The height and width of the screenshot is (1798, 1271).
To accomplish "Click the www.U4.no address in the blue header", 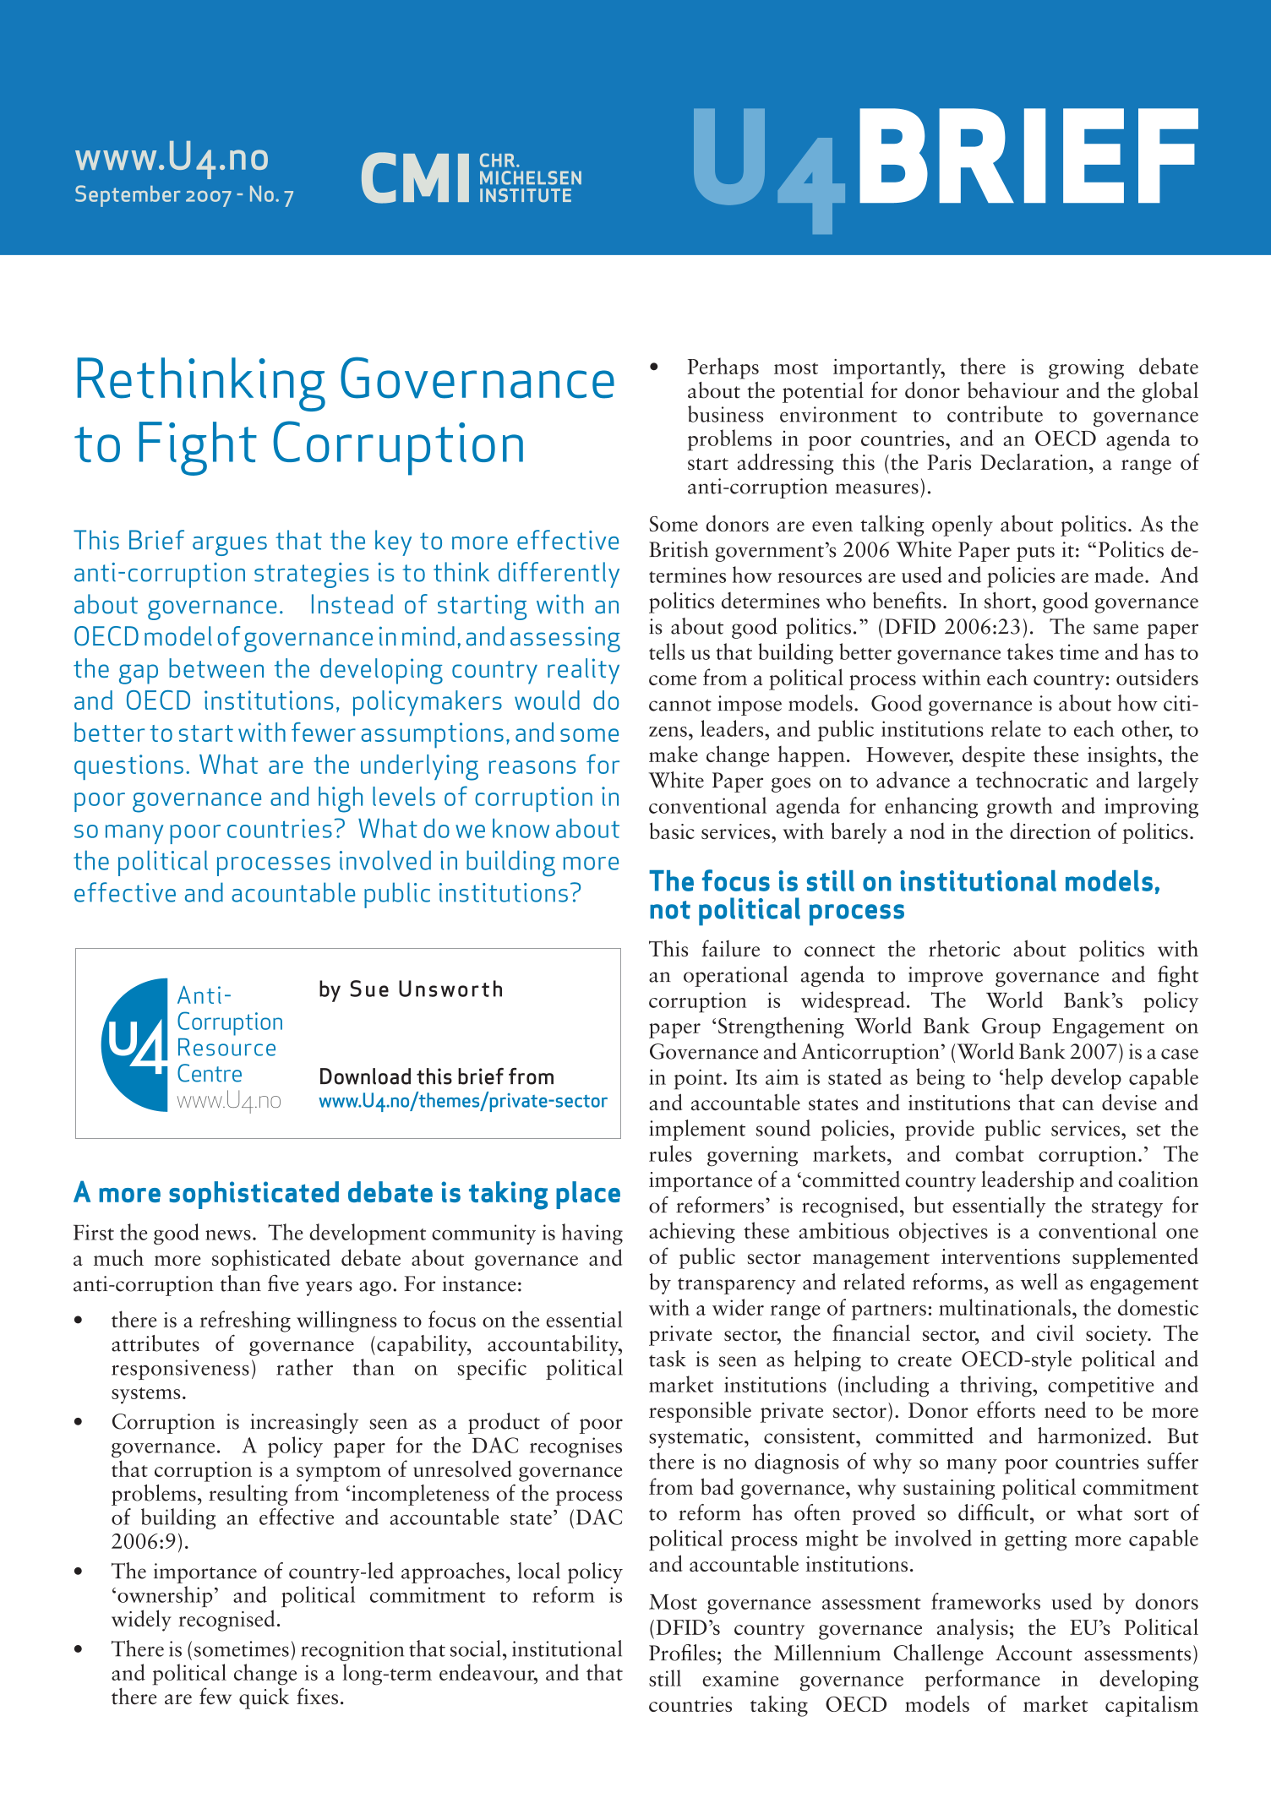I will pos(172,158).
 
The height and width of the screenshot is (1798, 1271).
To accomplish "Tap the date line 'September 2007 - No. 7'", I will pos(183,195).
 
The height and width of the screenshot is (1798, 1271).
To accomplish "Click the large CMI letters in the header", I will pos(414,178).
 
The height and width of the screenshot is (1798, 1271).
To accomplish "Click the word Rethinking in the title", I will pos(199,381).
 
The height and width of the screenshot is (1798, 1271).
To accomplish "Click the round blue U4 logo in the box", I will pos(135,1044).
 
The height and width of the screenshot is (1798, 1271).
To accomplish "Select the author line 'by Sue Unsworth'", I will pos(411,989).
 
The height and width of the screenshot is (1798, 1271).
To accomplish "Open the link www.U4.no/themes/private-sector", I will pos(462,1101).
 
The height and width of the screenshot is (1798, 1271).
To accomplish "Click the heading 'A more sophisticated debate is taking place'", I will pos(346,1193).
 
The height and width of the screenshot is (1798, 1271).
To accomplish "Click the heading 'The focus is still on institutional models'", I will pos(904,882).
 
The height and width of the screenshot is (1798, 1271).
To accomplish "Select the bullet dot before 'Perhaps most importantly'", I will pos(654,368).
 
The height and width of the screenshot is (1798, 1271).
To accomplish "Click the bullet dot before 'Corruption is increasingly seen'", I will pos(79,1423).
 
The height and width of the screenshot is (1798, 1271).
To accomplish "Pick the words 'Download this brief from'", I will pos(436,1077).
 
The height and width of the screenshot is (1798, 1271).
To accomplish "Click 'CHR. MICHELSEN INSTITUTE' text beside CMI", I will pos(530,178).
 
